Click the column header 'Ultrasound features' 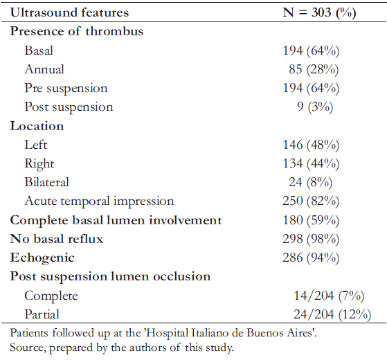point(69,12)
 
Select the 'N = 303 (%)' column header point(319,12)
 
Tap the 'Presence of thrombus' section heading point(77,31)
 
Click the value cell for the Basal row point(311,51)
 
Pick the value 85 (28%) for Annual point(314,69)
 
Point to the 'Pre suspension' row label point(66,89)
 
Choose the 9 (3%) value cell point(315,107)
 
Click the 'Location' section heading point(37,126)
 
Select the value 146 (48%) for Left point(311,145)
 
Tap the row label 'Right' point(39,163)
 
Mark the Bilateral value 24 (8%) point(311,182)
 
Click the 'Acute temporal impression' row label point(99,201)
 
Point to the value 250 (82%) point(311,201)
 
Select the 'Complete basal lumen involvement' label point(116,220)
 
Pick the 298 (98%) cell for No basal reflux point(311,239)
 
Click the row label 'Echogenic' point(42,258)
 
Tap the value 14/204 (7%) point(329,296)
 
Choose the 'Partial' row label point(42,314)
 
